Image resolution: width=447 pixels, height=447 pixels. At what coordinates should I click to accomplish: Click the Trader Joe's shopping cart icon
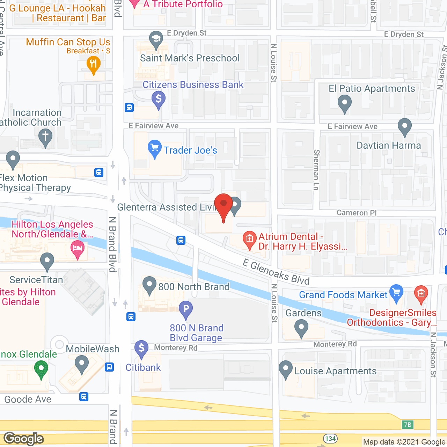click(x=154, y=148)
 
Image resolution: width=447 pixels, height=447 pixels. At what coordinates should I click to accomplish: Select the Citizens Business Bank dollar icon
click(x=159, y=99)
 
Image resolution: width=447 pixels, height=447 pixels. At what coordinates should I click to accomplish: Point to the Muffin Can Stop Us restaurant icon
click(x=93, y=65)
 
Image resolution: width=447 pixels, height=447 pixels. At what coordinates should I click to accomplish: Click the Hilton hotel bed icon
click(x=78, y=249)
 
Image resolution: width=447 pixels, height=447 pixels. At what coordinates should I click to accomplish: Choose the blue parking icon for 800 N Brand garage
click(x=186, y=309)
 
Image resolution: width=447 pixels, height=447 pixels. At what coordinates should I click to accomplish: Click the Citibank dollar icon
click(x=141, y=348)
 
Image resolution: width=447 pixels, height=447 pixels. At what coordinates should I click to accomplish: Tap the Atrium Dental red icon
click(x=249, y=239)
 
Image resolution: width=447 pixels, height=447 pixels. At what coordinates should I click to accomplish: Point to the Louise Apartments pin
click(x=286, y=369)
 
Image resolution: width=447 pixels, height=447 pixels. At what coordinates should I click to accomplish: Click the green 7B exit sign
click(x=408, y=425)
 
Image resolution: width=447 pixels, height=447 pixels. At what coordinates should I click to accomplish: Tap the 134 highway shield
click(x=330, y=439)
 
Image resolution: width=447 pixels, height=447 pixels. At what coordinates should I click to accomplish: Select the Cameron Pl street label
click(x=357, y=213)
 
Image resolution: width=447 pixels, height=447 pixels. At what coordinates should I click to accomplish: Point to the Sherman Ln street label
click(x=316, y=170)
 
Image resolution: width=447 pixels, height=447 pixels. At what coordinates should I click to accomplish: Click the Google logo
click(x=24, y=439)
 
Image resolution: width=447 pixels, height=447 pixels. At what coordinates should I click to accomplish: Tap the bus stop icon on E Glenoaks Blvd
click(x=181, y=240)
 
